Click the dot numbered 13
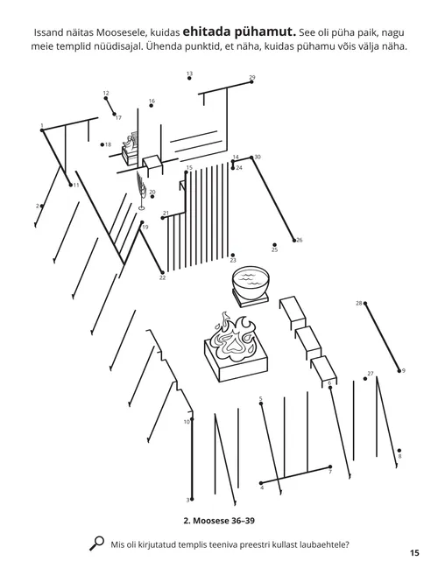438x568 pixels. tap(190, 79)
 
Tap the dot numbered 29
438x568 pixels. tap(251, 83)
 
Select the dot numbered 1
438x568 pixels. tap(42, 130)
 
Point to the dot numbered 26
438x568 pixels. tap(295, 238)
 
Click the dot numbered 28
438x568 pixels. tap(364, 304)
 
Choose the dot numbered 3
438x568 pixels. tap(189, 498)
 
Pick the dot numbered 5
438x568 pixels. tap(261, 404)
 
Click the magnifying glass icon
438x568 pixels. tap(98, 543)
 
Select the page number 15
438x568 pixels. tap(414, 552)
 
